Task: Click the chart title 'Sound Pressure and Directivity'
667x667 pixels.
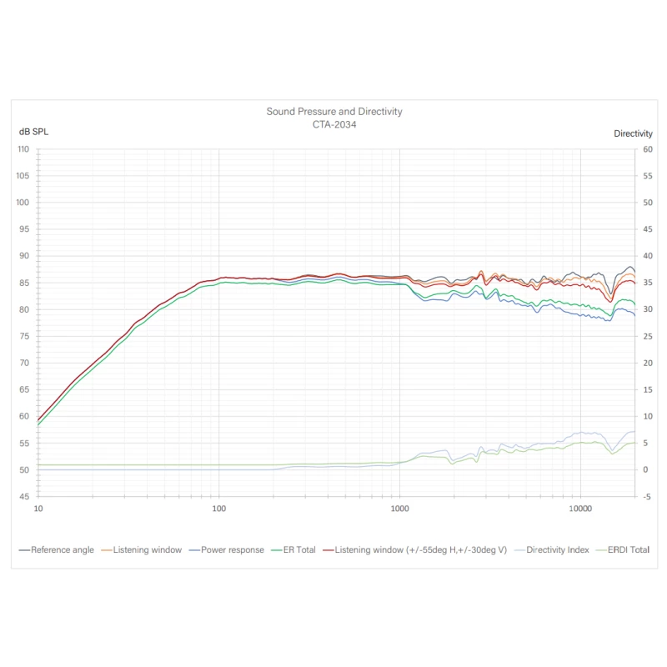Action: click(333, 111)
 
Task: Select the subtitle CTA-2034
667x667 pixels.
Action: click(333, 123)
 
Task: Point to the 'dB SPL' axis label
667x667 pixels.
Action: click(33, 133)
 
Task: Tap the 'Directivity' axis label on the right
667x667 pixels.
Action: click(633, 133)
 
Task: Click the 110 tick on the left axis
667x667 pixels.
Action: click(23, 149)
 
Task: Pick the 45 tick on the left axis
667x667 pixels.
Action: click(24, 497)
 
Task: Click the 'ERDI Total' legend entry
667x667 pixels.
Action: click(626, 550)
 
